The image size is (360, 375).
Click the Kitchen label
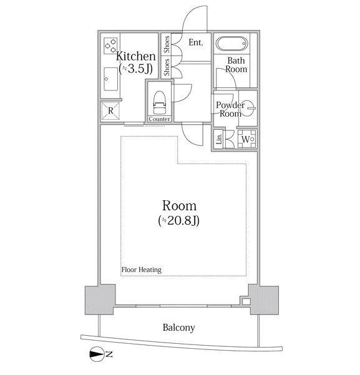pyautogui.click(x=135, y=56)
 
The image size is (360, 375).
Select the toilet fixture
pyautogui.click(x=159, y=102)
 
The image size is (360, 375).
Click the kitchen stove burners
pyautogui.click(x=110, y=46)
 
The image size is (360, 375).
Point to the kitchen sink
pyautogui.click(x=111, y=79)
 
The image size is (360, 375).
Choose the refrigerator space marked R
pyautogui.click(x=110, y=110)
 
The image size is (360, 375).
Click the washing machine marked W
pyautogui.click(x=247, y=139)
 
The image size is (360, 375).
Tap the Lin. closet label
pyautogui.click(x=219, y=139)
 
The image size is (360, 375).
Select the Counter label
pyautogui.click(x=159, y=119)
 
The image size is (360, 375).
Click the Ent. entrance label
pyautogui.click(x=196, y=42)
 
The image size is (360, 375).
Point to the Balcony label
pyautogui.click(x=178, y=328)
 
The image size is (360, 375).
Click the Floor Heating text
pyautogui.click(x=142, y=270)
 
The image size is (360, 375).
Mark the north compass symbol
pyautogui.click(x=97, y=354)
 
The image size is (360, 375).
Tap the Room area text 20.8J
pyautogui.click(x=178, y=220)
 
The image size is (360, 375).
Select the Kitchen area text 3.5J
pyautogui.click(x=135, y=69)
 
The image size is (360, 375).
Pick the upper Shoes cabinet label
pyautogui.click(x=167, y=44)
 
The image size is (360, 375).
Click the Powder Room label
pyautogui.click(x=230, y=109)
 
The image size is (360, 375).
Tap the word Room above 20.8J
pyautogui.click(x=180, y=206)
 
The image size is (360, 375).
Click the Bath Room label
pyautogui.click(x=236, y=65)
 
